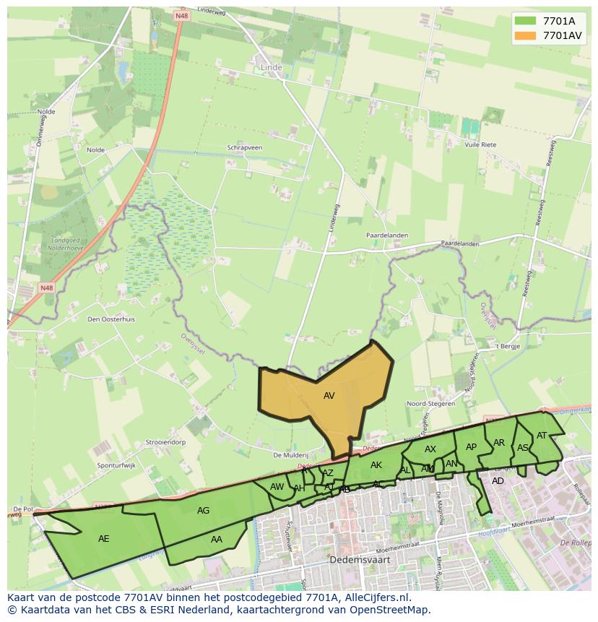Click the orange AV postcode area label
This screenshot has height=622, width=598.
point(329,396)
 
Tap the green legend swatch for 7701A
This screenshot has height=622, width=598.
point(525,20)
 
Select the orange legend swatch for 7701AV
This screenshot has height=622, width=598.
point(525,35)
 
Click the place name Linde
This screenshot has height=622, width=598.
point(271,67)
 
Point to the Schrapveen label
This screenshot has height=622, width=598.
point(245,147)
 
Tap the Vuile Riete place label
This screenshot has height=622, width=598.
point(480,144)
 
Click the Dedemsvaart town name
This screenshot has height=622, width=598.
point(355,559)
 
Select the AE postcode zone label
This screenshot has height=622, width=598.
point(104,538)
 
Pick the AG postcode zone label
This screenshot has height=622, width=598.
point(203,511)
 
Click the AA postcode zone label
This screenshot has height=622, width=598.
point(217,540)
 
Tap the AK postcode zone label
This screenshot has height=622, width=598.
point(376,465)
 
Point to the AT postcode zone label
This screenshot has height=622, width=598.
point(542,435)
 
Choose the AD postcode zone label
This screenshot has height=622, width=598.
point(498,481)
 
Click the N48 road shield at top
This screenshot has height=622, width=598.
point(181,14)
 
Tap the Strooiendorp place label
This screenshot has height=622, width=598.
point(165,441)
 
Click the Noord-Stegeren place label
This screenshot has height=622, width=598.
point(431,404)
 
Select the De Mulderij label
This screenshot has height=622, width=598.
point(291,455)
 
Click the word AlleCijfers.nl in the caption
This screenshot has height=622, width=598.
point(376,597)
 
